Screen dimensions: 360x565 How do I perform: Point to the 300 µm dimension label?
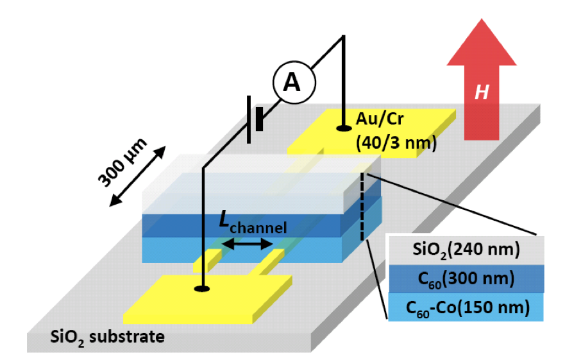click(122, 161)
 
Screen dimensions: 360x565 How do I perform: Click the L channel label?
click(248, 224)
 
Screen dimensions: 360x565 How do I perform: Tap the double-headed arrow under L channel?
click(247, 244)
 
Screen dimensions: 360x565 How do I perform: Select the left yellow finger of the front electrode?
click(208, 259)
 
